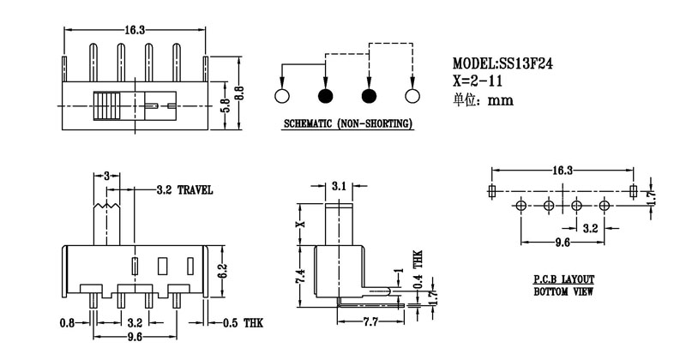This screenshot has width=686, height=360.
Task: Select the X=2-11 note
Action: [x=477, y=81]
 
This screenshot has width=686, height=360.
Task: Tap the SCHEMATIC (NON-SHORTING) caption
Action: [x=347, y=124]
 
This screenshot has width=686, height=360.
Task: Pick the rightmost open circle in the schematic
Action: [x=412, y=95]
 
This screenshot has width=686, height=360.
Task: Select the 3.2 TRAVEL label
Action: [x=185, y=189]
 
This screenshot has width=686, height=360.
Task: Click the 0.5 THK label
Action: [x=242, y=323]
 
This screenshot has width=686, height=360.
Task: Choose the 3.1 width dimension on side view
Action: [x=340, y=185]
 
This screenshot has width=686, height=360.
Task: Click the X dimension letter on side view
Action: [x=298, y=224]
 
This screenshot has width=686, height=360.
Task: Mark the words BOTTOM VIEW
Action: [x=559, y=292]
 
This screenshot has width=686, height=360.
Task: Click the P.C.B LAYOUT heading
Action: [x=559, y=280]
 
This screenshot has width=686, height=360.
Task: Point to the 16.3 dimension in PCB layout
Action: [x=563, y=171]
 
